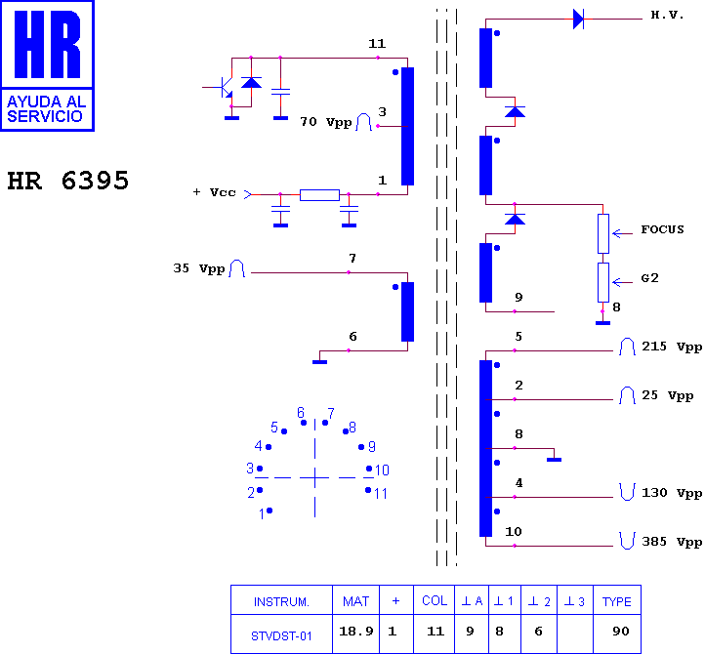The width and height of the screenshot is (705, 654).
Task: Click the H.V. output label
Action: (x=667, y=15)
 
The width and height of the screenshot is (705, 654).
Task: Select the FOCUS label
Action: (x=662, y=229)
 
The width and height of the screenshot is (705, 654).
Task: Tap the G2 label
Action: (x=649, y=278)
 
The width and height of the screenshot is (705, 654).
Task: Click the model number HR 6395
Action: (x=68, y=181)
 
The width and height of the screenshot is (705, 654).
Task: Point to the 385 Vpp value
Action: (x=672, y=542)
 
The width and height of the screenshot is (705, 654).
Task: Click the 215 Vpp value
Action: (x=672, y=347)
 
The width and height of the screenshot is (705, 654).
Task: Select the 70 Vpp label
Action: (x=325, y=122)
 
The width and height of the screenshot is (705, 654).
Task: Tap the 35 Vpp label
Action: (x=199, y=268)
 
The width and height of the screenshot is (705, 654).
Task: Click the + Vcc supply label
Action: (x=214, y=192)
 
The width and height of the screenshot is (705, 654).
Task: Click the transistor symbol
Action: (x=225, y=87)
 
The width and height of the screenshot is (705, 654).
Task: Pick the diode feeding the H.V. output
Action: (x=578, y=20)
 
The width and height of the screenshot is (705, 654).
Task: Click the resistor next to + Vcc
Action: (x=319, y=195)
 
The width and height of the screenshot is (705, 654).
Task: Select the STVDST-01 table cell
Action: (x=281, y=636)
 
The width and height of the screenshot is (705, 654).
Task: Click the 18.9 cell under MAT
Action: (x=355, y=632)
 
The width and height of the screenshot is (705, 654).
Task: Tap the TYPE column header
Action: (x=617, y=601)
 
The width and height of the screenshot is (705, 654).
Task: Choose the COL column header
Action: (x=435, y=601)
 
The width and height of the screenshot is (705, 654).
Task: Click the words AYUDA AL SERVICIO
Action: (x=46, y=109)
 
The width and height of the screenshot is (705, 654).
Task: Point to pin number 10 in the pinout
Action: (x=382, y=470)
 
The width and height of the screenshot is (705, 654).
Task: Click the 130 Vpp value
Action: (x=672, y=493)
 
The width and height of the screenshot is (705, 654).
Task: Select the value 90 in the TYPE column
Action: (x=620, y=632)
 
